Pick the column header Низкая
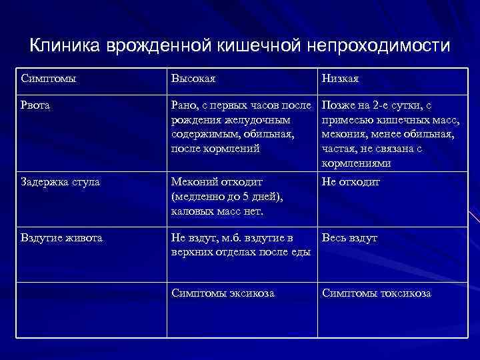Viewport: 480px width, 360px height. [341, 79]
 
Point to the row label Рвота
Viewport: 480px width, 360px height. [35, 105]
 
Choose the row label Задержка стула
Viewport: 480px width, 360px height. [61, 182]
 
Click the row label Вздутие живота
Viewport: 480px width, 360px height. [62, 238]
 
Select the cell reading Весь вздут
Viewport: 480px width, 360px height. [350, 238]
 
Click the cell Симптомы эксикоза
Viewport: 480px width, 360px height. [223, 293]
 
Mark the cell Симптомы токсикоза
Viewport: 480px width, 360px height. [377, 293]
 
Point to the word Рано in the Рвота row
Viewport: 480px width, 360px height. [184, 105]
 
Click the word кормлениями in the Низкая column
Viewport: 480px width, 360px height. [357, 163]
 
